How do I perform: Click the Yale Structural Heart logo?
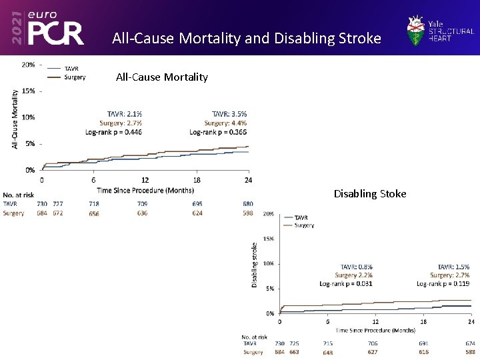pos(441,29)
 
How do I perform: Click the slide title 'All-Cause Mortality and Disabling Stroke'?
pos(247,38)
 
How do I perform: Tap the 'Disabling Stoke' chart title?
pos(370,194)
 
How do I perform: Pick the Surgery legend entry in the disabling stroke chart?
pos(304,225)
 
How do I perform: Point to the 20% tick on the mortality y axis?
pos(28,65)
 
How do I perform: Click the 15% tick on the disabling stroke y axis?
pos(267,239)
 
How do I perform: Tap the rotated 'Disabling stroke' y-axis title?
pos(255,265)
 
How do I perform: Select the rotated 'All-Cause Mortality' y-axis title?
pos(15,119)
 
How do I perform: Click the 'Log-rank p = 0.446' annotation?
pos(114,132)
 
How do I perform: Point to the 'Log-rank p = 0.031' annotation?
pos(346,283)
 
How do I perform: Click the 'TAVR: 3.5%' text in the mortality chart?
pos(229,114)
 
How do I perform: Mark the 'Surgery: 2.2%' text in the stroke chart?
pos(353,275)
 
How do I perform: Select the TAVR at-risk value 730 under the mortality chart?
pos(42,204)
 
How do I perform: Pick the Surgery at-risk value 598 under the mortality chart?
pos(247,213)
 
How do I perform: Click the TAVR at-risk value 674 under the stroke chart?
pos(470,343)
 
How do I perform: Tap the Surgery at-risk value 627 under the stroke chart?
pos(373,352)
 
